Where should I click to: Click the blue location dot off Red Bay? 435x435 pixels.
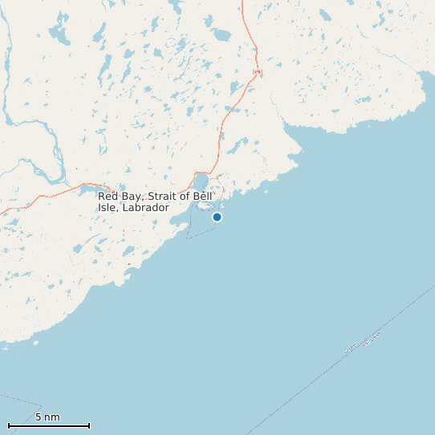pyautogui.click(x=217, y=217)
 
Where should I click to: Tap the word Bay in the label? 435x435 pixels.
pyautogui.click(x=132, y=197)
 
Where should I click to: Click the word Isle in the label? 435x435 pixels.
pyautogui.click(x=108, y=208)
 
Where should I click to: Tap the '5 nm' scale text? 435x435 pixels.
pyautogui.click(x=47, y=417)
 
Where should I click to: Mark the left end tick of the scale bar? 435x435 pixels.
pyautogui.click(x=8, y=425)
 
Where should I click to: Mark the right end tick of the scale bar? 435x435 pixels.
pyautogui.click(x=89, y=425)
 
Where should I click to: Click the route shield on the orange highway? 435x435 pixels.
pyautogui.click(x=258, y=72)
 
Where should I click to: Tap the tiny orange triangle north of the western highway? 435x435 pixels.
pyautogui.click(x=77, y=169)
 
